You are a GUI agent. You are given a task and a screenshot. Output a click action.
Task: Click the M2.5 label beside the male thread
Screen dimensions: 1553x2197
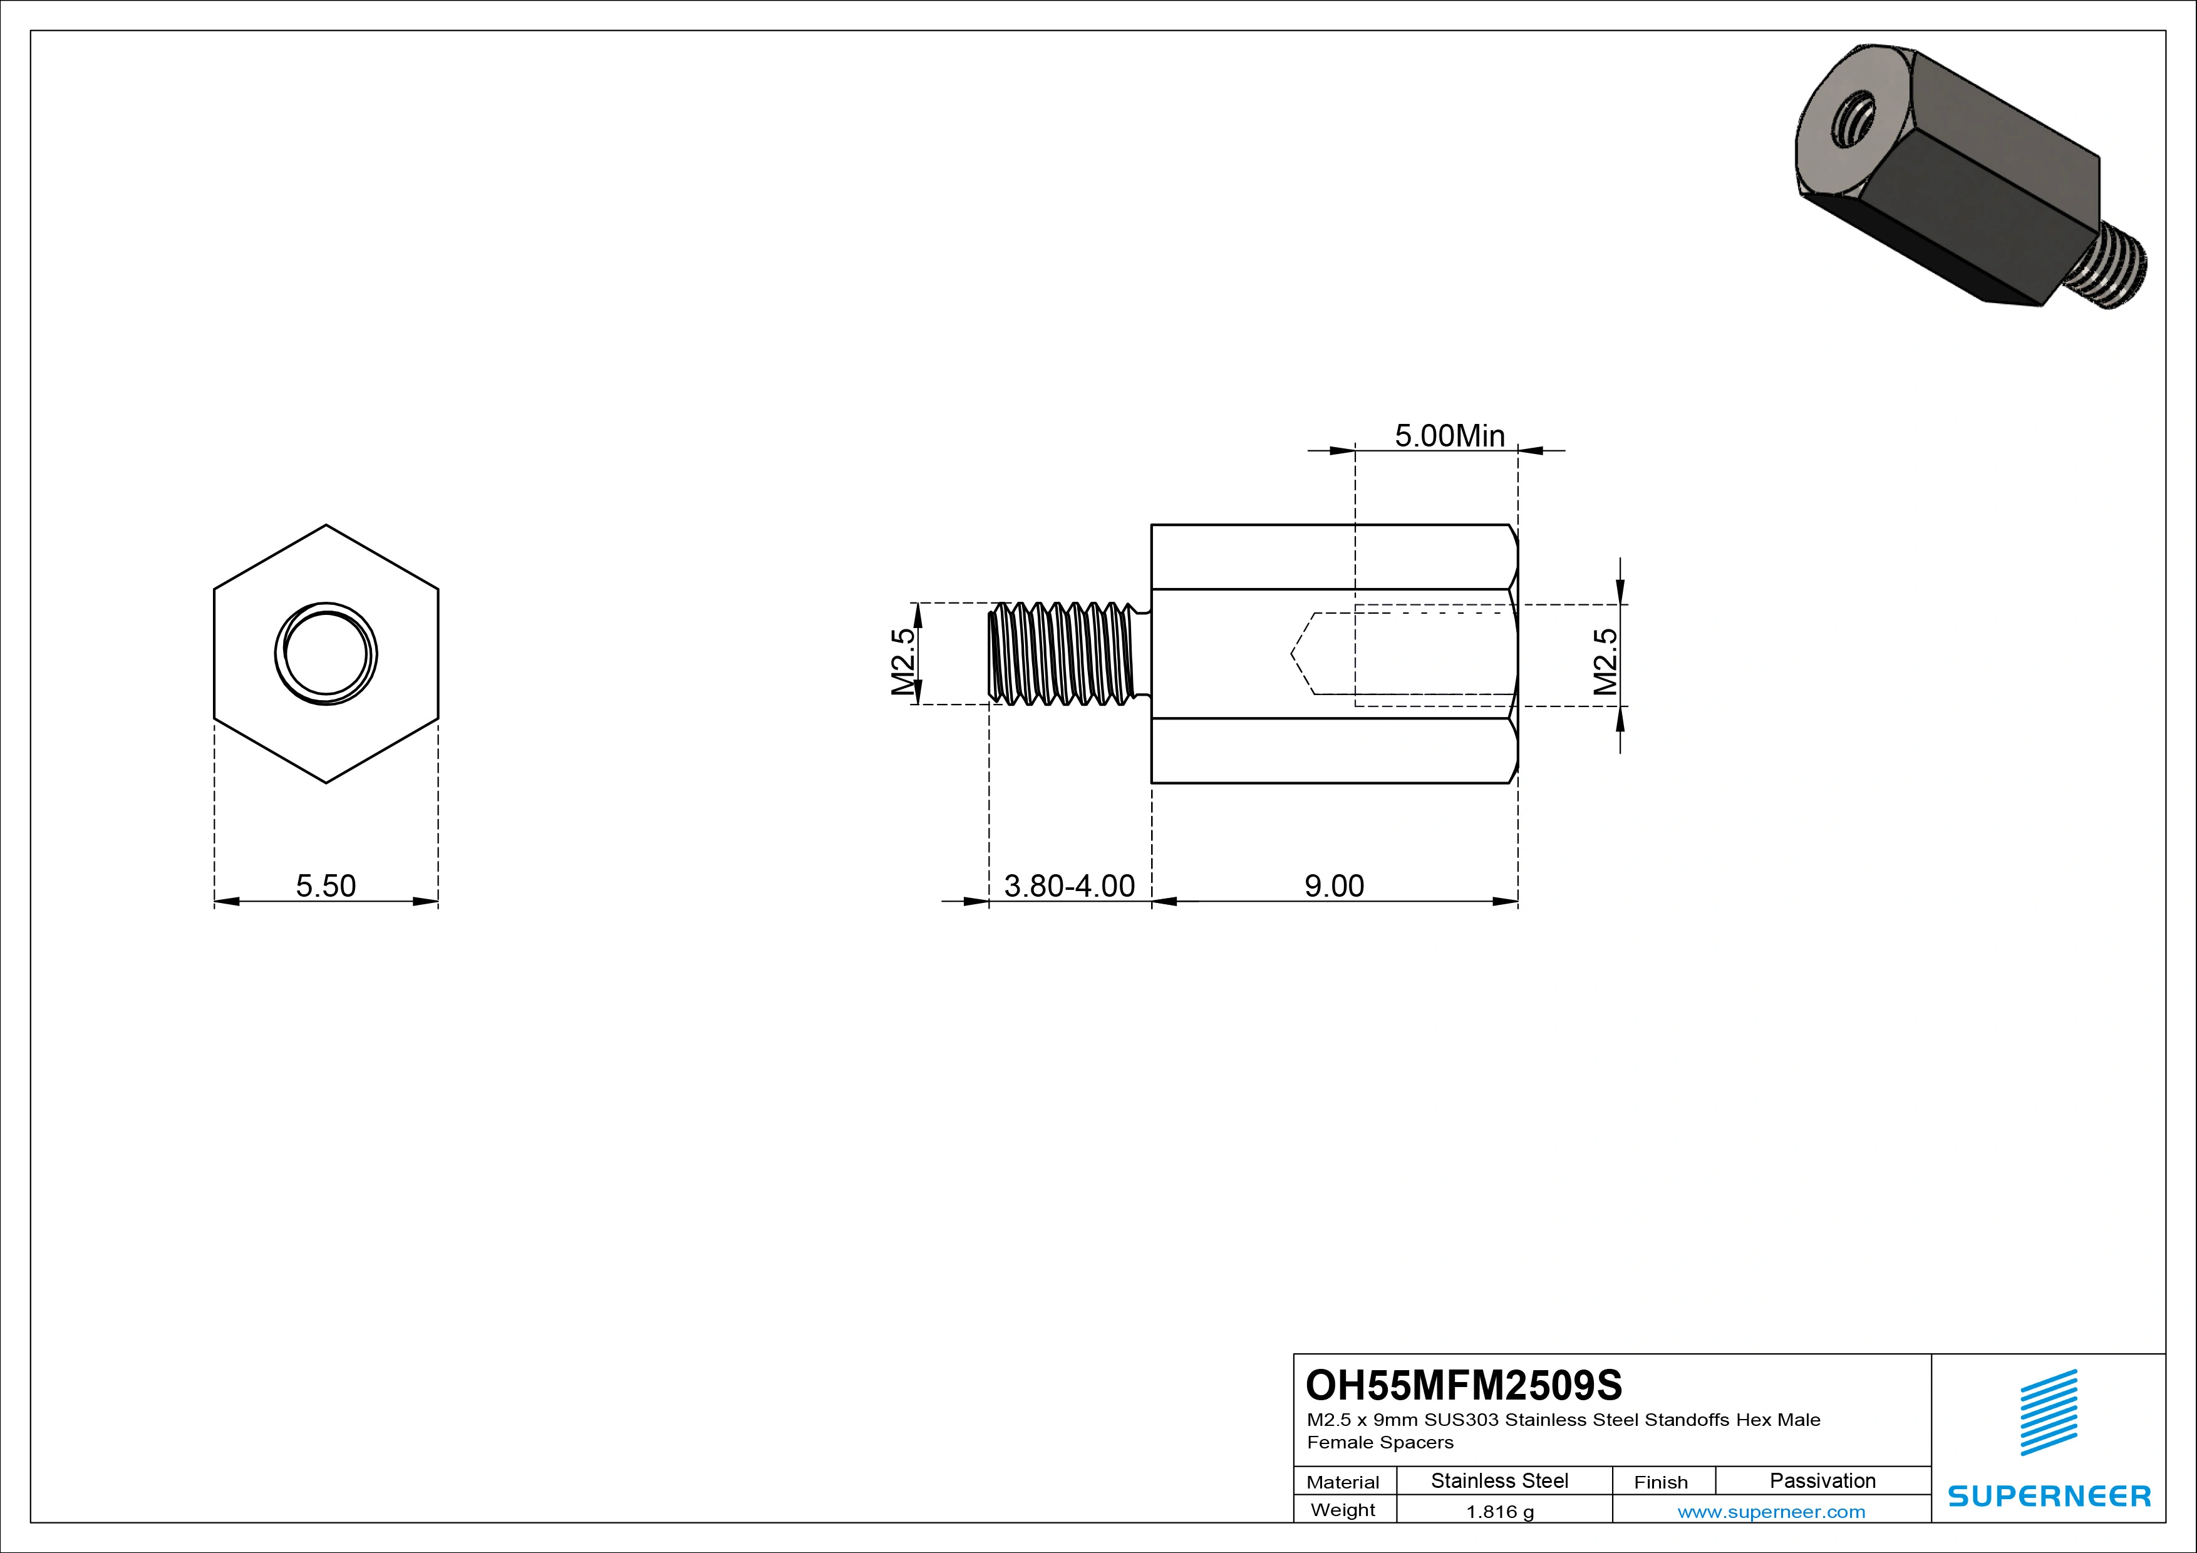tap(903, 661)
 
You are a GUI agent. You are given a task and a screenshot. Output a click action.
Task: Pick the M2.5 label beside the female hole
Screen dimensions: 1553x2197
tap(1605, 661)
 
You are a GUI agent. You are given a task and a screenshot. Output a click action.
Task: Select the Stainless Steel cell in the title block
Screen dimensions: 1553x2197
tap(1499, 1480)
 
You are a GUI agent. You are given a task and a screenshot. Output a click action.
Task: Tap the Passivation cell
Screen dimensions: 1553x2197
tap(1822, 1480)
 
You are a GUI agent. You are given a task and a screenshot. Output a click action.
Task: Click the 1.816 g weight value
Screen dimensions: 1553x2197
tap(1499, 1512)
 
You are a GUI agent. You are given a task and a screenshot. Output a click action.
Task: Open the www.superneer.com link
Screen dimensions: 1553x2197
tap(1771, 1512)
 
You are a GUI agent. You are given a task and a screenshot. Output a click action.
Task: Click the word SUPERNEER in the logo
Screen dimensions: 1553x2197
tap(2049, 1495)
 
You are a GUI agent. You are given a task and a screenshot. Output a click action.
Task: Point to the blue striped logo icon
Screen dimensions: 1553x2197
tap(2049, 1412)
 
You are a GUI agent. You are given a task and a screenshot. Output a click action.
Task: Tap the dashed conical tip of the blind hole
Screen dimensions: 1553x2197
tap(1302, 654)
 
